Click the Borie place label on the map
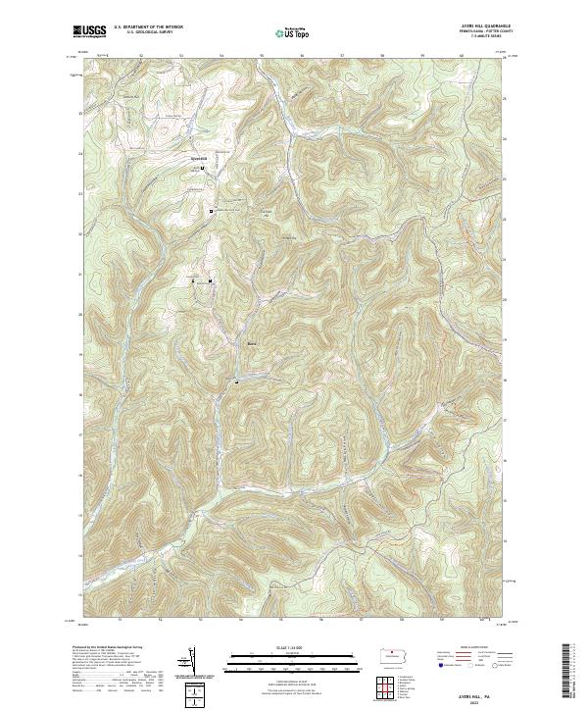(x=251, y=343)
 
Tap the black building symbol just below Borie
(x=236, y=379)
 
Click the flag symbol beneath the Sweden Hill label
(x=203, y=168)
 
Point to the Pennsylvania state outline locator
(x=396, y=656)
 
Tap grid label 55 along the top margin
(x=261, y=55)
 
